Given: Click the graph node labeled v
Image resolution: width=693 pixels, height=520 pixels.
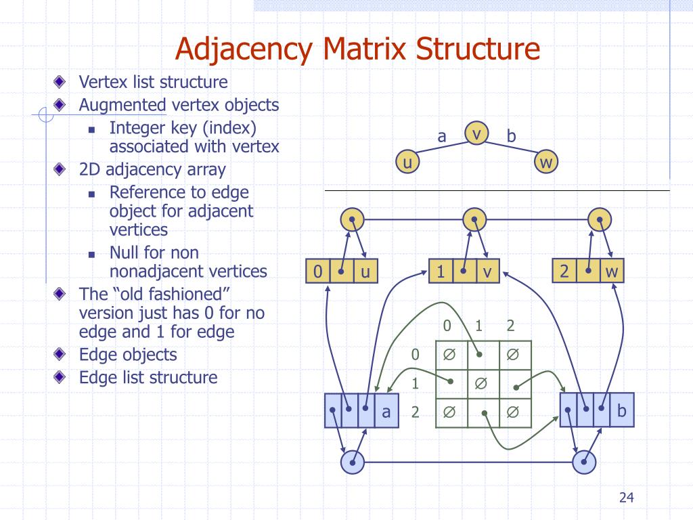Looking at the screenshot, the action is coord(476,134).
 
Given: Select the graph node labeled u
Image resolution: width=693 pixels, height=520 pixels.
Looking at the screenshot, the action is coord(407,162).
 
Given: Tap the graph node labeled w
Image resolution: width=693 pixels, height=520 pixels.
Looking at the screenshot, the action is coord(547,162).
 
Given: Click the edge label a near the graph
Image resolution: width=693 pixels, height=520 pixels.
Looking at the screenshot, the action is coord(442,136).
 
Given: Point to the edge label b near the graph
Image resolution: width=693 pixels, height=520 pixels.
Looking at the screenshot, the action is coord(511,136).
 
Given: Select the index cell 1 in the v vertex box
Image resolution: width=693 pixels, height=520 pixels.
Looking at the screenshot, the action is coord(441,272).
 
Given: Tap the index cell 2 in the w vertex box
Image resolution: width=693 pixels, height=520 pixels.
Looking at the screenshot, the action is coord(564,272).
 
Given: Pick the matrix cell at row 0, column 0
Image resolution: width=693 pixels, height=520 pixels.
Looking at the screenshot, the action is coord(449,355).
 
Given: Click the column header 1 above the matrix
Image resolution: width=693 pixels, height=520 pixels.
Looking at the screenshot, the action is coord(479,326).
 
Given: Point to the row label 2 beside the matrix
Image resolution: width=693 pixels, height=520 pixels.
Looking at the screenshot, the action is coord(416,412).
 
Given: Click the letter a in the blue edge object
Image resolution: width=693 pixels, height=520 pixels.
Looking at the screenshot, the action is coord(386,411).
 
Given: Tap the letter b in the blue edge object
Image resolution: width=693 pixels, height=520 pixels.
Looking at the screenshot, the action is coord(622,410).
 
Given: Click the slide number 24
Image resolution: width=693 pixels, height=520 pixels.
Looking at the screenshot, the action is coord(626,498).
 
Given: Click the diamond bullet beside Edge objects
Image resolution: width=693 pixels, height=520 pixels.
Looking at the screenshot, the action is coord(62,354).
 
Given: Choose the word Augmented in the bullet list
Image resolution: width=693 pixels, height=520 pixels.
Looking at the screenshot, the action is coord(122,105).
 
